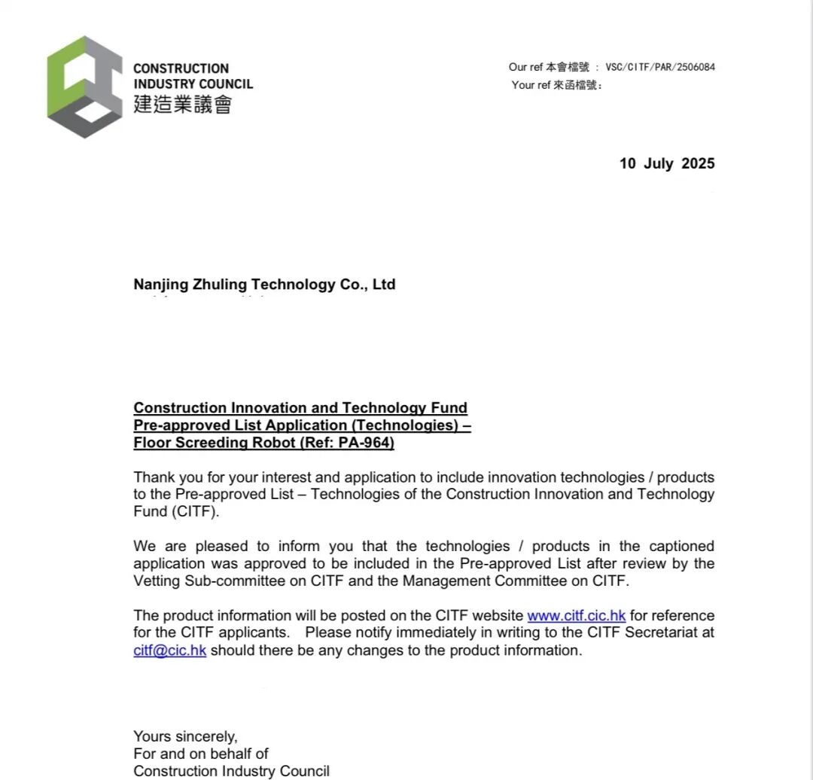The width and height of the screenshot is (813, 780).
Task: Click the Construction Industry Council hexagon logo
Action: (x=84, y=87)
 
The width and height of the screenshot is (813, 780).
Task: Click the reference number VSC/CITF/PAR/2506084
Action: (x=659, y=67)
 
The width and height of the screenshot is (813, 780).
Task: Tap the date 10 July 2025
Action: (x=667, y=163)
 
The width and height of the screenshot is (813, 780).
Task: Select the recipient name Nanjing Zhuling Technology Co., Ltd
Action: (x=264, y=285)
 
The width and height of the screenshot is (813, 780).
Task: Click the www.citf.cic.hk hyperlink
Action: (x=576, y=616)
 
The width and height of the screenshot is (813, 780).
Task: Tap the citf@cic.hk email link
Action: (x=169, y=651)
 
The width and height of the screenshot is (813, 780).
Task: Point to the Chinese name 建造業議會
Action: (x=182, y=104)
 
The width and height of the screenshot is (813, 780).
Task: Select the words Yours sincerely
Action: (x=185, y=736)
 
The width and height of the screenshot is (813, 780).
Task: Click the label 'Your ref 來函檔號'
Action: (x=556, y=85)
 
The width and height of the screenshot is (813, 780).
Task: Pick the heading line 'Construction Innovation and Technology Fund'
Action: (x=300, y=408)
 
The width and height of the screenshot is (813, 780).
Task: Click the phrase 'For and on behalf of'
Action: (x=201, y=754)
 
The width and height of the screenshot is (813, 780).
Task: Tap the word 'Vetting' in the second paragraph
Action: (x=157, y=581)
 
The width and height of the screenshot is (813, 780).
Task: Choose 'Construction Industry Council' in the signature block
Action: (x=231, y=771)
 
